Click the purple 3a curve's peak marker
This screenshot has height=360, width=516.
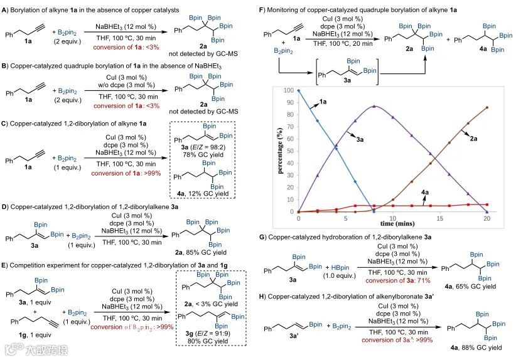(x=374, y=107)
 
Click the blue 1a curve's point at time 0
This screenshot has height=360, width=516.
(x=299, y=90)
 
